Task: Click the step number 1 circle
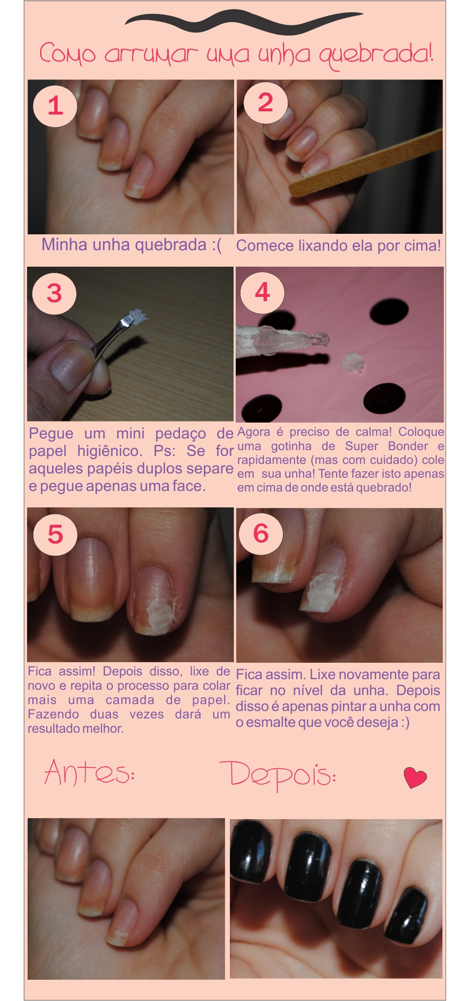click(x=55, y=106)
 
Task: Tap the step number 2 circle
click(x=265, y=102)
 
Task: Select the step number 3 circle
click(x=54, y=293)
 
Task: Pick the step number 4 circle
click(x=262, y=292)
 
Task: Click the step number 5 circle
click(x=55, y=534)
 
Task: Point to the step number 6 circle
click(x=261, y=533)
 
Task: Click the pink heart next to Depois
click(x=415, y=777)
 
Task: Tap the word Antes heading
click(x=89, y=772)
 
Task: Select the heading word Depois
click(x=277, y=775)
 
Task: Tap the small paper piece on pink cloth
click(x=352, y=363)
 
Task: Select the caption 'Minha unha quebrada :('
click(x=131, y=245)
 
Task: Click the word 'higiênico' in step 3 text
click(x=109, y=451)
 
